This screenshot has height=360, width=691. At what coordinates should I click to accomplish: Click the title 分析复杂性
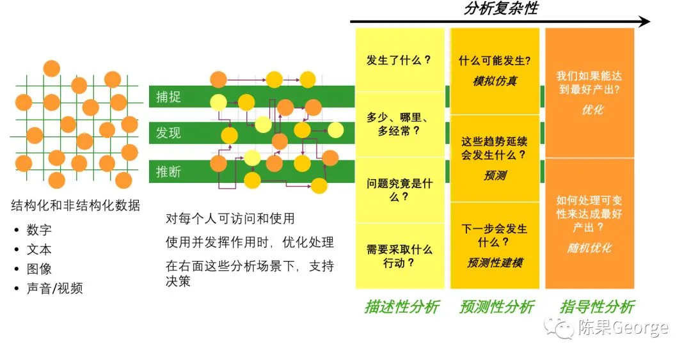pyautogui.click(x=500, y=9)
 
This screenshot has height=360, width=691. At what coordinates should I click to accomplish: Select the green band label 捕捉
pyautogui.click(x=169, y=97)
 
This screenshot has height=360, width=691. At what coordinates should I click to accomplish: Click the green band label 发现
pyautogui.click(x=169, y=132)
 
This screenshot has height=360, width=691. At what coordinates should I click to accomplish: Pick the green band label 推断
pyautogui.click(x=169, y=171)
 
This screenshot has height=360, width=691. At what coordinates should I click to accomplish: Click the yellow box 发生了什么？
pyautogui.click(x=399, y=61)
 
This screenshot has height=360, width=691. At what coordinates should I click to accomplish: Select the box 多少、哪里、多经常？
pyautogui.click(x=399, y=124)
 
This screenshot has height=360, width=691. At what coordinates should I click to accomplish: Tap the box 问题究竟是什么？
pyautogui.click(x=399, y=190)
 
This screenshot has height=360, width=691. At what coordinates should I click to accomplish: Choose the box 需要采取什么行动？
pyautogui.click(x=399, y=256)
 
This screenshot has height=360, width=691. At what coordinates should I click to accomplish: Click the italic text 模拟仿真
pyautogui.click(x=495, y=81)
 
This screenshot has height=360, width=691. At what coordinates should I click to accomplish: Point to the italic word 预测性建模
pyautogui.click(x=495, y=262)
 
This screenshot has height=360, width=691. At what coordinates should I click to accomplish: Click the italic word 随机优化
pyautogui.click(x=589, y=248)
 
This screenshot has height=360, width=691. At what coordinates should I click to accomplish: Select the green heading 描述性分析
pyautogui.click(x=402, y=307)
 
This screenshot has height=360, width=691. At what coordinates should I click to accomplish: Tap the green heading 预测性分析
pyautogui.click(x=496, y=307)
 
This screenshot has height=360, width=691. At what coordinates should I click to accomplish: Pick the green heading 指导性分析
pyautogui.click(x=597, y=307)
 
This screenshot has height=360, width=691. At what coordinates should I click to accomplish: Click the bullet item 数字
pyautogui.click(x=39, y=230)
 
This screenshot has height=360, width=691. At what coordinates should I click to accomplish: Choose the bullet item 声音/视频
pyautogui.click(x=54, y=288)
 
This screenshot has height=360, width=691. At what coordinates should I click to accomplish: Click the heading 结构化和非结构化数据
pyautogui.click(x=75, y=205)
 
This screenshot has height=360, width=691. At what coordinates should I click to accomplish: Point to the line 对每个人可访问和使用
pyautogui.click(x=230, y=218)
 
